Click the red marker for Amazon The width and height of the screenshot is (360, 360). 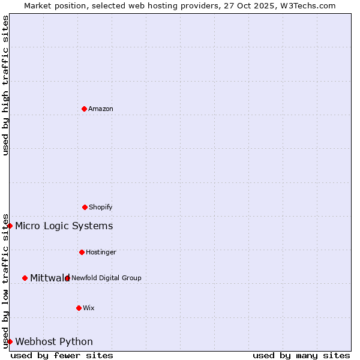[84, 109]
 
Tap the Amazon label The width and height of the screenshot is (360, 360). [101, 109]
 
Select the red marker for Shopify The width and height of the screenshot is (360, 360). [85, 207]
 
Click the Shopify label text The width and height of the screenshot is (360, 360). [101, 208]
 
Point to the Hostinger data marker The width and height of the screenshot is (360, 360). [82, 252]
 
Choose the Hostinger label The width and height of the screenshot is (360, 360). [101, 253]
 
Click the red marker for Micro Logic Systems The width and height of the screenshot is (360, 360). [10, 226]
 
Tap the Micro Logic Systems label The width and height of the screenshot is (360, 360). [64, 226]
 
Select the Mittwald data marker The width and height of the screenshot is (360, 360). [25, 278]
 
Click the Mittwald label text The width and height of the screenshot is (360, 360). [50, 278]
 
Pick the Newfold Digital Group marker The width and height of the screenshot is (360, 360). [67, 278]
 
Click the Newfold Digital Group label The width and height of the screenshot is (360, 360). [106, 278]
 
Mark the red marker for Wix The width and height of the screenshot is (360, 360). [79, 308]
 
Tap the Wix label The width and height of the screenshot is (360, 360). [89, 308]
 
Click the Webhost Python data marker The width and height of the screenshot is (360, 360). [10, 341]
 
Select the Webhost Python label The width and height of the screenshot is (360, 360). [54, 342]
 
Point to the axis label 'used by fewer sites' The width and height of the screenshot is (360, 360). [62, 355]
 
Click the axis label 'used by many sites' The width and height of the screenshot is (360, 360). [301, 355]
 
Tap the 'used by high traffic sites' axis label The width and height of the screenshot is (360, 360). [5, 85]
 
